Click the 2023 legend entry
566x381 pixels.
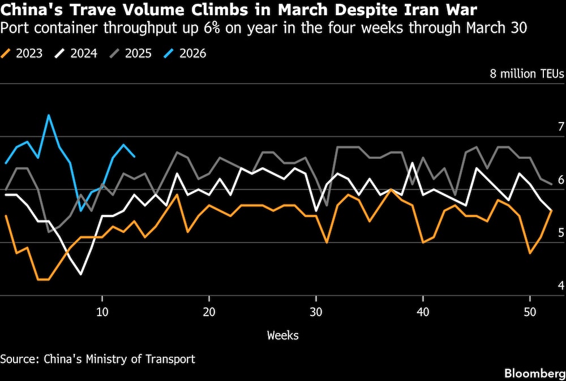23,54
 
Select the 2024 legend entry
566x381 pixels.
76,54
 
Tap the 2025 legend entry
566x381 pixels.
130,54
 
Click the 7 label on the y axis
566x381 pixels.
561,127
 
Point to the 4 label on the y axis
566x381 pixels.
561,286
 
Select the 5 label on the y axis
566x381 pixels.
561,233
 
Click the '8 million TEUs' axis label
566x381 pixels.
527,74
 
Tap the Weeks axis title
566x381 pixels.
282,335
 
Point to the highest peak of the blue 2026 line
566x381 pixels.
49,115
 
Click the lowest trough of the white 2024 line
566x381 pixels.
81,274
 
